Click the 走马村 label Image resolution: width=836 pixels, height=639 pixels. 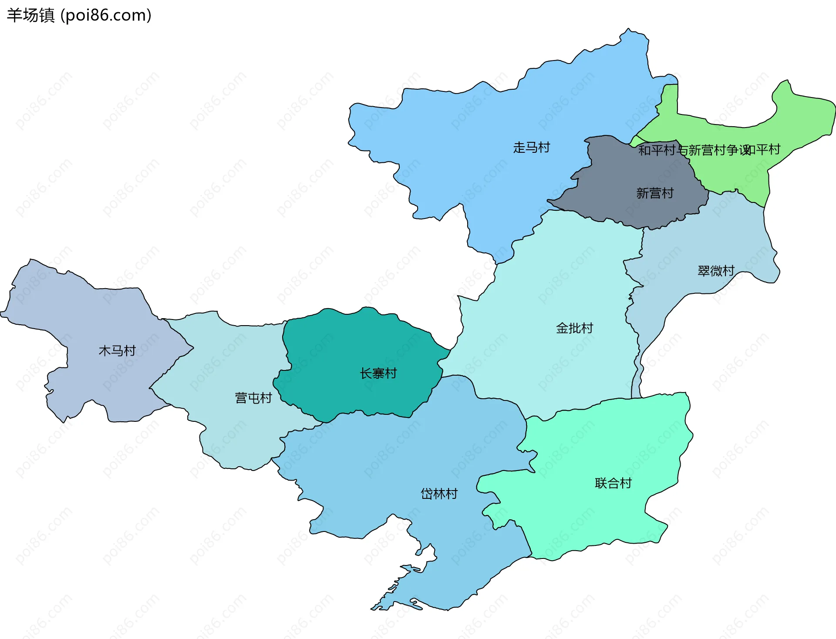click(x=531, y=148)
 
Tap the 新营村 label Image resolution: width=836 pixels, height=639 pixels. click(x=655, y=193)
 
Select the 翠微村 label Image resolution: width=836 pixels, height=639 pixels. click(x=716, y=271)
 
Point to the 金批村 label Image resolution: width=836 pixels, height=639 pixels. click(x=574, y=328)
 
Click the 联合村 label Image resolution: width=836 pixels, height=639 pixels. click(x=613, y=483)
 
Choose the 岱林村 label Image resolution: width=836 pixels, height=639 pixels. click(x=439, y=494)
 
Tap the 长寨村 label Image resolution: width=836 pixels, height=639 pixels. click(x=378, y=373)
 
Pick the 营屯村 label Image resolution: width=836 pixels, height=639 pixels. click(x=253, y=398)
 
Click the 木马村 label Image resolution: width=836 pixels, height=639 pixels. click(x=117, y=350)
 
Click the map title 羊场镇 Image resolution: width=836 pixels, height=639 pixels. click(x=30, y=15)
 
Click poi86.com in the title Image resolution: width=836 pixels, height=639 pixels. click(x=106, y=15)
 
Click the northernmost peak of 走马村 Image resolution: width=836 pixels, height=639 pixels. click(x=628, y=31)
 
